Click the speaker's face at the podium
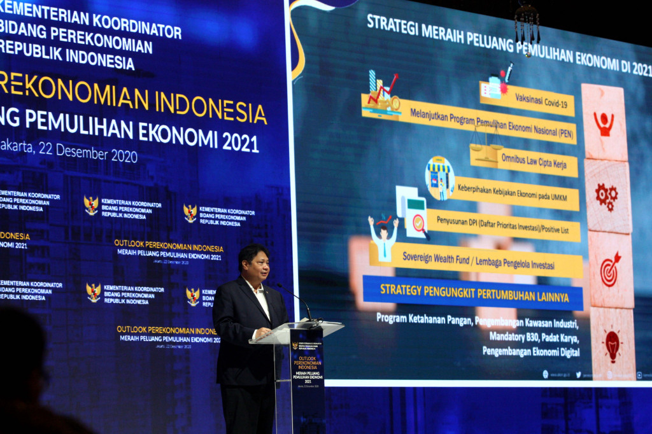(255, 263)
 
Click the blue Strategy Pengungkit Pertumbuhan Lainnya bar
(472, 292)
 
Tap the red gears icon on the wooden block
(606, 196)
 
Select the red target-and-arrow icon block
(610, 269)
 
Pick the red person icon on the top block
(603, 122)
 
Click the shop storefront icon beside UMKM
(440, 178)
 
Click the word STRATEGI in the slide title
(392, 25)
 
